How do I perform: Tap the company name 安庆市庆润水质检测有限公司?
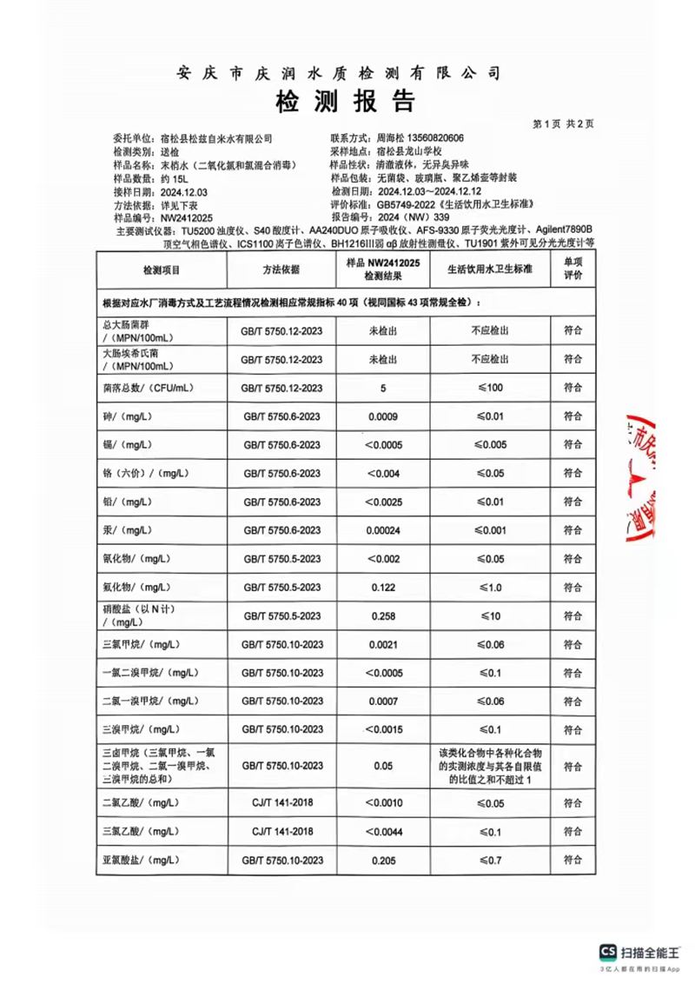(339, 73)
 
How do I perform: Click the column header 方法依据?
(280, 270)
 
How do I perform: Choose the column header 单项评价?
(573, 269)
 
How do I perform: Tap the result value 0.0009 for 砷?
(382, 416)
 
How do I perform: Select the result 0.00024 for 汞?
(382, 530)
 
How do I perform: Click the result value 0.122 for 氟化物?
(382, 588)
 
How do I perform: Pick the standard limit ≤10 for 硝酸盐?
(489, 616)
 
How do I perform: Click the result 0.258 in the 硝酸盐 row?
(382, 616)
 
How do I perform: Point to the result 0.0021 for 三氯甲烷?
(382, 644)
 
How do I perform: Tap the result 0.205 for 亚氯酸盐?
(382, 860)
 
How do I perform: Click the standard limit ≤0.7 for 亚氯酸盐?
(489, 860)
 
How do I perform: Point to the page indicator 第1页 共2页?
(563, 124)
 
